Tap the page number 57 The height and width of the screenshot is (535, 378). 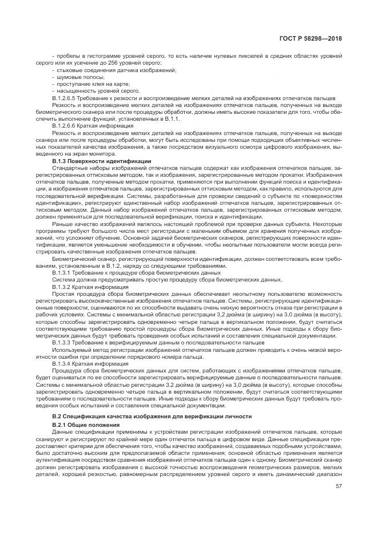[x=339, y=488]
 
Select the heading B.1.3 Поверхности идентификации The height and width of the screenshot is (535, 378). [x=101, y=162]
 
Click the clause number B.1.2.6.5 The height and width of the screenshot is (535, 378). [x=67, y=98]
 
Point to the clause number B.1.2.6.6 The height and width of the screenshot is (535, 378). [x=67, y=125]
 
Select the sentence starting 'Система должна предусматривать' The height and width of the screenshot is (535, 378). [x=166, y=279]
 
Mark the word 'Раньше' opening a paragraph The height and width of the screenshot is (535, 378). [x=61, y=224]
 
